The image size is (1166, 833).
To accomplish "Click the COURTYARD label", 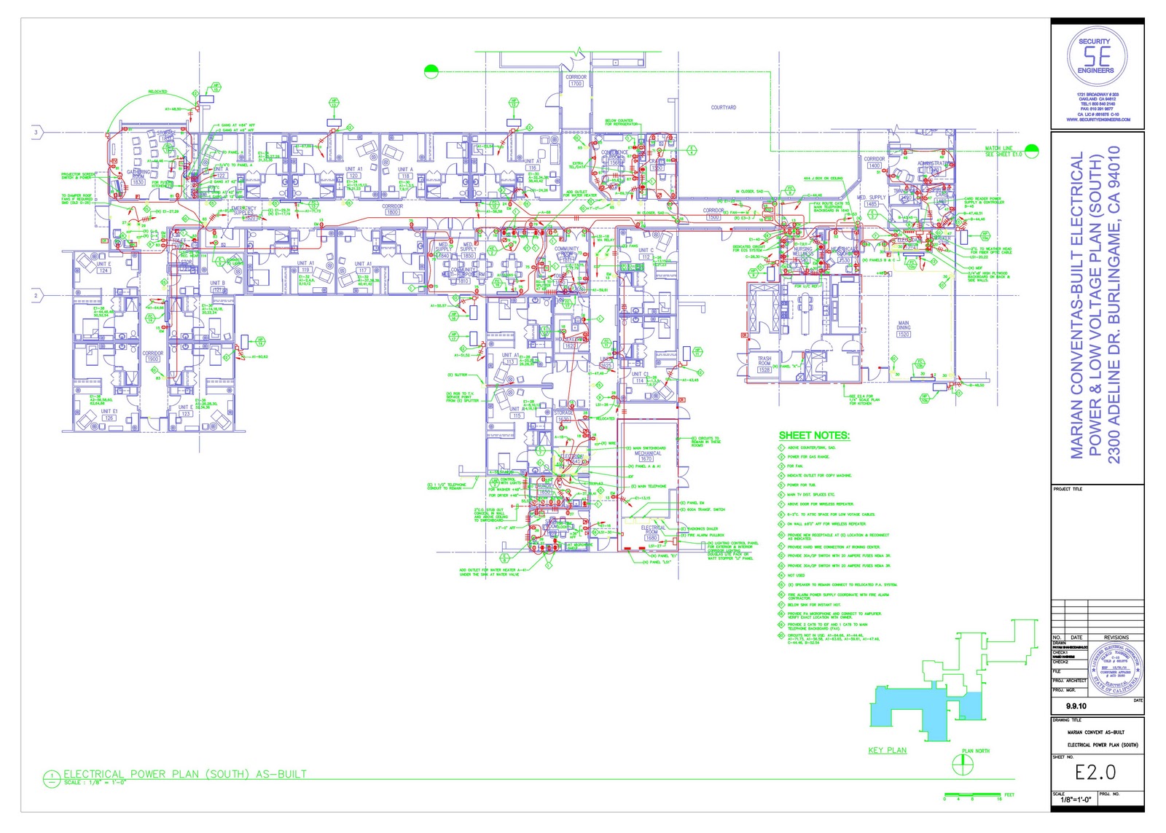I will click(x=723, y=107).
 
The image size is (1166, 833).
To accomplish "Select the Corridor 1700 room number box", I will click(x=576, y=84).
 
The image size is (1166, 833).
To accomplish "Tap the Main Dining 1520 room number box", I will click(x=904, y=334).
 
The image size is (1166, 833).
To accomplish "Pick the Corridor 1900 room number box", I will click(x=152, y=359).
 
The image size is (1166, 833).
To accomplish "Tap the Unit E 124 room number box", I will click(x=103, y=270).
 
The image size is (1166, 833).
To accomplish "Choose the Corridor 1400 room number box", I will click(x=874, y=165).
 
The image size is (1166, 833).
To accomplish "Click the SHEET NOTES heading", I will click(x=814, y=436).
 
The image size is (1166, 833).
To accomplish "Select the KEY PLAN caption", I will click(x=887, y=750).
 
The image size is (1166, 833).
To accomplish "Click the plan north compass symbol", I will click(x=963, y=764).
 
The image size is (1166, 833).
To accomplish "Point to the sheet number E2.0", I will click(x=1095, y=773).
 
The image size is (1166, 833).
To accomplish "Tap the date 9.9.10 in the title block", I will click(x=1076, y=706).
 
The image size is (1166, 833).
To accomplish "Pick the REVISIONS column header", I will click(x=1116, y=638).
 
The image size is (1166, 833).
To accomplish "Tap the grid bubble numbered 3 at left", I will click(x=36, y=132).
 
